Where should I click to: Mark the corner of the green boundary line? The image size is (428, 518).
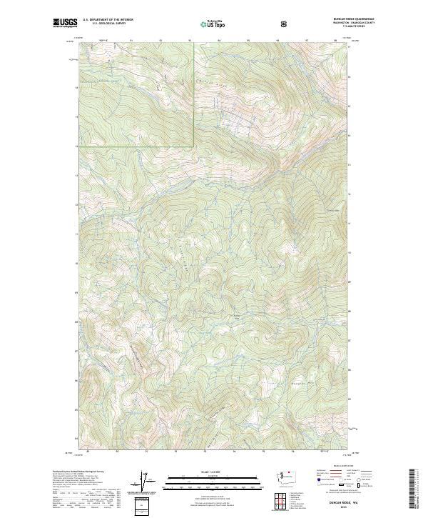pos(194,146)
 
